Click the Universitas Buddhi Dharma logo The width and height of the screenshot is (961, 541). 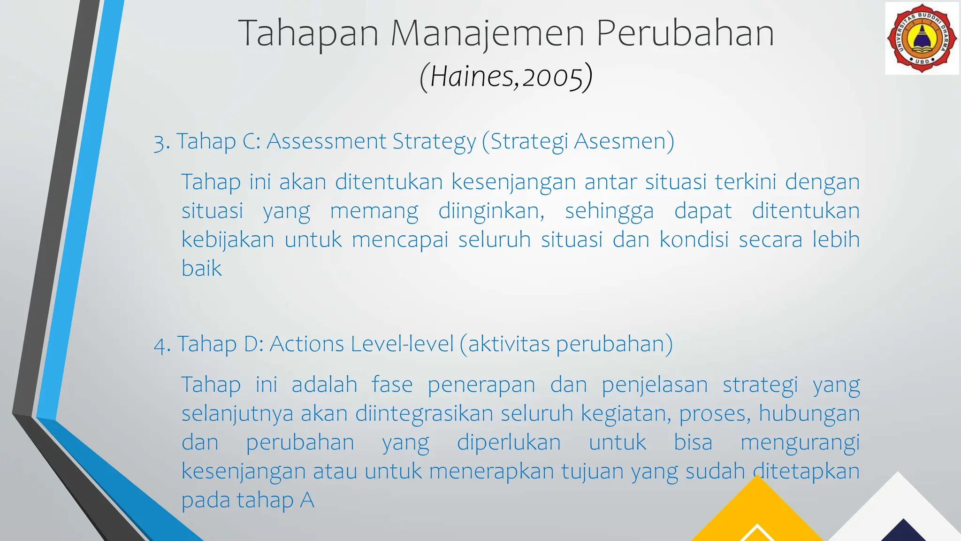[x=922, y=39]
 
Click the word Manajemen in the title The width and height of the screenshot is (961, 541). [x=488, y=34]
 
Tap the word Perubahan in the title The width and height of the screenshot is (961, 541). [x=685, y=34]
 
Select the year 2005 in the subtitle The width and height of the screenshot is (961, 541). [x=552, y=77]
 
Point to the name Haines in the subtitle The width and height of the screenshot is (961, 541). [x=472, y=77]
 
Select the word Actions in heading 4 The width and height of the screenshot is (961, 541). [x=307, y=344]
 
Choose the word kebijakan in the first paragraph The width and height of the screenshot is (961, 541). [x=228, y=240]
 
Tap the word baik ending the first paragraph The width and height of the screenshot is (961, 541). [x=201, y=269]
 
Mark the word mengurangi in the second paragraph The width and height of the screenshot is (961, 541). [x=800, y=443]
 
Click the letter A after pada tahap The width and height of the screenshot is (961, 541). [x=307, y=501]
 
